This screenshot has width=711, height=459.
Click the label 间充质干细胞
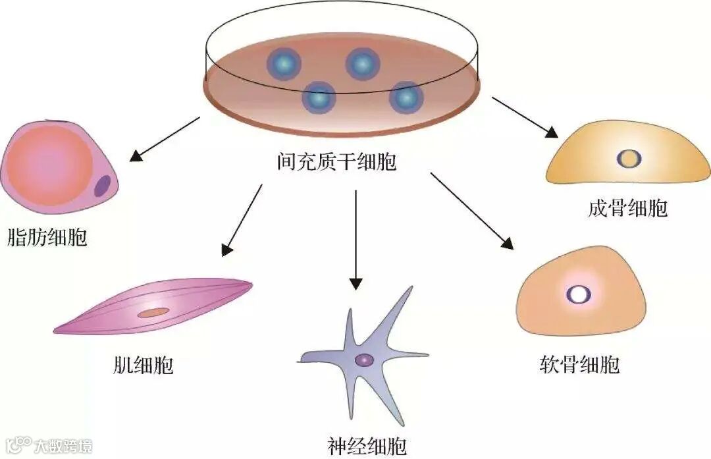[336, 160]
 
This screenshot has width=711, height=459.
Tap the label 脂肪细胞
[47, 236]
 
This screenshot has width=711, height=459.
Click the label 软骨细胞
[579, 364]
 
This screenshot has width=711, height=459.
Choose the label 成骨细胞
[627, 209]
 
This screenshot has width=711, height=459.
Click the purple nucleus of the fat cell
[102, 186]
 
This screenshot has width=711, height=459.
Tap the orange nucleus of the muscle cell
[153, 312]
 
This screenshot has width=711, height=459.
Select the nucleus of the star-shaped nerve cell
[363, 360]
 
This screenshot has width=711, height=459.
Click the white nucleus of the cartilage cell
[579, 294]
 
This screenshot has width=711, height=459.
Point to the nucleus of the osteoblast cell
[629, 158]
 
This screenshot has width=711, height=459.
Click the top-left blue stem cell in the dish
[284, 64]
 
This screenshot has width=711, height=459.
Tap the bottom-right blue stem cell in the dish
[406, 97]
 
